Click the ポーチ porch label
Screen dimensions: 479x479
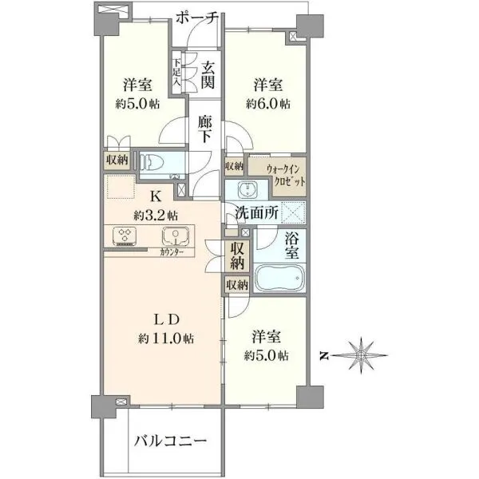(197, 18)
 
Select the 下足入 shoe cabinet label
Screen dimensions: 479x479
(177, 72)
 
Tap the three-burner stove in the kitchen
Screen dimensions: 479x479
(125, 236)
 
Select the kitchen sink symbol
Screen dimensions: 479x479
(176, 236)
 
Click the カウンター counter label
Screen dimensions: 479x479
(172, 252)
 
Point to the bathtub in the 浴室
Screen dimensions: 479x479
(280, 278)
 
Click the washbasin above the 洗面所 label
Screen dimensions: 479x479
(247, 189)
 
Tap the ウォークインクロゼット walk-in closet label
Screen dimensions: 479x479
(286, 175)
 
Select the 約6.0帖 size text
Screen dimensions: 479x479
(268, 104)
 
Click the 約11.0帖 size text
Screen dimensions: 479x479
(166, 338)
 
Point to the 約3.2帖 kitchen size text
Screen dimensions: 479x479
(156, 216)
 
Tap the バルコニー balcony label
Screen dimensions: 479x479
(171, 441)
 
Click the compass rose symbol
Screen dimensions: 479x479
(362, 355)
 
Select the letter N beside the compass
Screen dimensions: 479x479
(324, 355)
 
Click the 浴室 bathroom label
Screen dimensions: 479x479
(291, 245)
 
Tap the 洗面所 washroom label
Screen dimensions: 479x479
(256, 213)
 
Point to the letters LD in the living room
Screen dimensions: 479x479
(166, 319)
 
